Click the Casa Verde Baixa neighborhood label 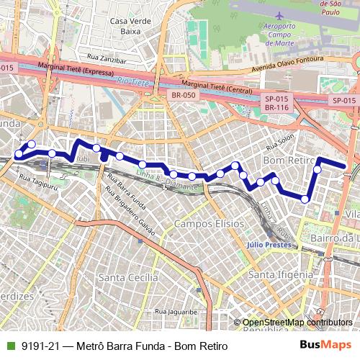(130, 26)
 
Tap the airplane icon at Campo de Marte (279, 15)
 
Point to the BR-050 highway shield (184, 95)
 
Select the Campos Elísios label (209, 224)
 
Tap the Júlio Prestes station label (270, 244)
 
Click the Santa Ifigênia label (279, 274)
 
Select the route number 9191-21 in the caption (40, 346)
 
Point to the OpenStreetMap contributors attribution (297, 322)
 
